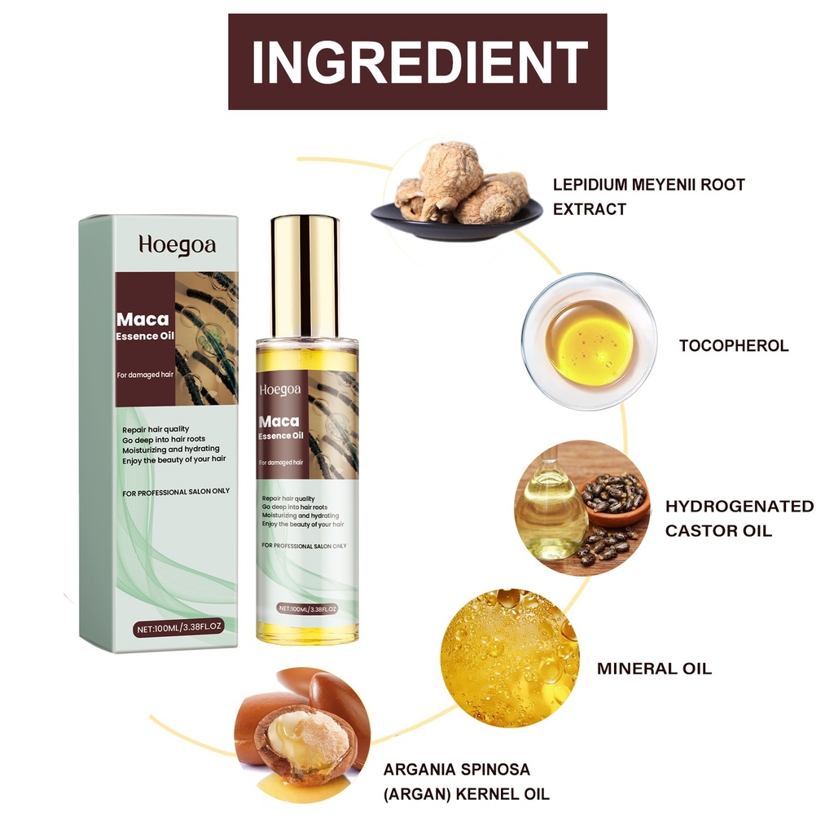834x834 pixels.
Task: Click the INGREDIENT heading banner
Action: pos(418,62)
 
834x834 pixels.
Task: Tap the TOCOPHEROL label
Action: pos(734,345)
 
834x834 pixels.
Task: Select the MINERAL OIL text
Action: pos(654,669)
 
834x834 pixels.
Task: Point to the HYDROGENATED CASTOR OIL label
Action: pos(740,518)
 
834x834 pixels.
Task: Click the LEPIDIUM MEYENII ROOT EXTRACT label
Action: pos(649,197)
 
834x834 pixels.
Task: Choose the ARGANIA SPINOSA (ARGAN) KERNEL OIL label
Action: pos(467,781)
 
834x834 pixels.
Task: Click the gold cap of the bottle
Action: pos(305,277)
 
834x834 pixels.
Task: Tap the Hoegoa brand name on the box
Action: pos(177,245)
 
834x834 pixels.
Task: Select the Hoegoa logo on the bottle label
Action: pos(280,390)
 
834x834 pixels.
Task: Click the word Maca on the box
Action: pos(143,319)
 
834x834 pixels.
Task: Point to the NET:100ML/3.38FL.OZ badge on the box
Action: pos(178,628)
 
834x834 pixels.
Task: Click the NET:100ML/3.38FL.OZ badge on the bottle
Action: pos(308,608)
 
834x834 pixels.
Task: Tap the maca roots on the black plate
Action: pos(458,187)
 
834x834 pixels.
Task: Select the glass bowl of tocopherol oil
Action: pos(590,341)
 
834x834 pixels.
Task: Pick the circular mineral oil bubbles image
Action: pos(510,658)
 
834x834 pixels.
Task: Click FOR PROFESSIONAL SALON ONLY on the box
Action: pos(176,492)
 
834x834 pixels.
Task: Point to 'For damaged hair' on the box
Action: pos(145,375)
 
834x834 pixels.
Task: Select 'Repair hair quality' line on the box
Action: pos(156,429)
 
